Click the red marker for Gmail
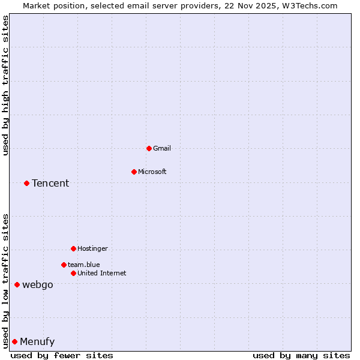coord(149,148)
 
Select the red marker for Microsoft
coord(134,172)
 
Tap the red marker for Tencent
coord(26,183)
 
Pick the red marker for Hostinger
coord(73,248)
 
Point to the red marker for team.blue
coord(64,265)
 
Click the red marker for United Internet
coord(73,273)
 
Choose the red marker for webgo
coord(17,284)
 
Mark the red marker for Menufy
coord(14,341)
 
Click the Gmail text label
coord(162,148)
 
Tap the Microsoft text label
coord(152,172)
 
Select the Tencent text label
coord(50,183)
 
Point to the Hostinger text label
coord(92,248)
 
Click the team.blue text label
coord(83,265)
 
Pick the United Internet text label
coord(101,273)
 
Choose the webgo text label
coord(37,284)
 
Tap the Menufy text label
coord(37,341)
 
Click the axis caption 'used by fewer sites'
coord(62,355)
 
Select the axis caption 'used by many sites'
coord(301,355)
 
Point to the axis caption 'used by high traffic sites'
coord(5,85)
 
